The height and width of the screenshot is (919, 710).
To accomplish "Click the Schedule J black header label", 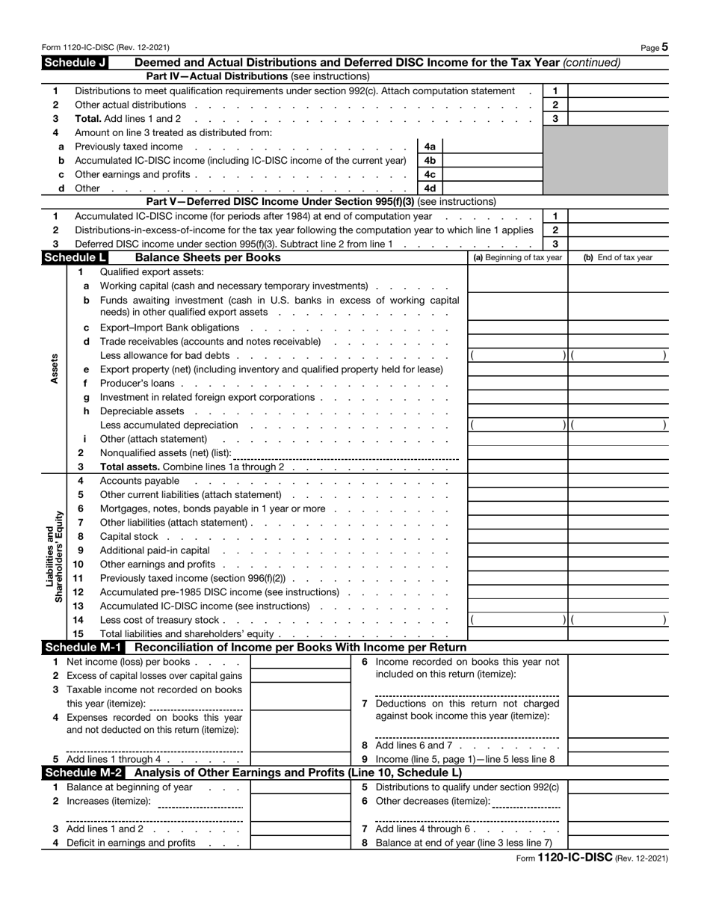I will pos(75,63).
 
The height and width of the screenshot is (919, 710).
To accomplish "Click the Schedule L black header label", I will pos(75,258).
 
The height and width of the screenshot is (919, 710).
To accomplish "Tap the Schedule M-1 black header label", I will pos(85,648).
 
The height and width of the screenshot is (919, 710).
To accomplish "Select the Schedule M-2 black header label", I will pos(85,773).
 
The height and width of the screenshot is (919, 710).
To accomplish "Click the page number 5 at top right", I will pos(664,47).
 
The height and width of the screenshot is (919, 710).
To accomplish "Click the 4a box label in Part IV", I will pos(430,147).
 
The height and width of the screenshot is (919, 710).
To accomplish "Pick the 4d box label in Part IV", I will pos(430,188).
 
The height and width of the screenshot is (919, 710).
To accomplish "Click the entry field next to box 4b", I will pos(493,161).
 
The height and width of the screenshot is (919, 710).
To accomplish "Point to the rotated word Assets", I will pos(54,369).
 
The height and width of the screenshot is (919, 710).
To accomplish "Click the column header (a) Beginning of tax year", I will pos(517,258).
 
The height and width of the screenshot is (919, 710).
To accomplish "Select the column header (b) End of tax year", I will pos(617,258).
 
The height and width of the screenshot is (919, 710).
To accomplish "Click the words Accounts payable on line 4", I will pos(139,481).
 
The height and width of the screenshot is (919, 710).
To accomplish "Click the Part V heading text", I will pos(321,202).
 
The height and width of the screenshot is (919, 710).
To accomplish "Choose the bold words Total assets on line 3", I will pos(129,467).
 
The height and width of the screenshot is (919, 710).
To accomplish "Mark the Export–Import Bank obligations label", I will pos(170,328).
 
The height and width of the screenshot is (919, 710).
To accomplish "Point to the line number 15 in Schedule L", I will pos(78,634).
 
